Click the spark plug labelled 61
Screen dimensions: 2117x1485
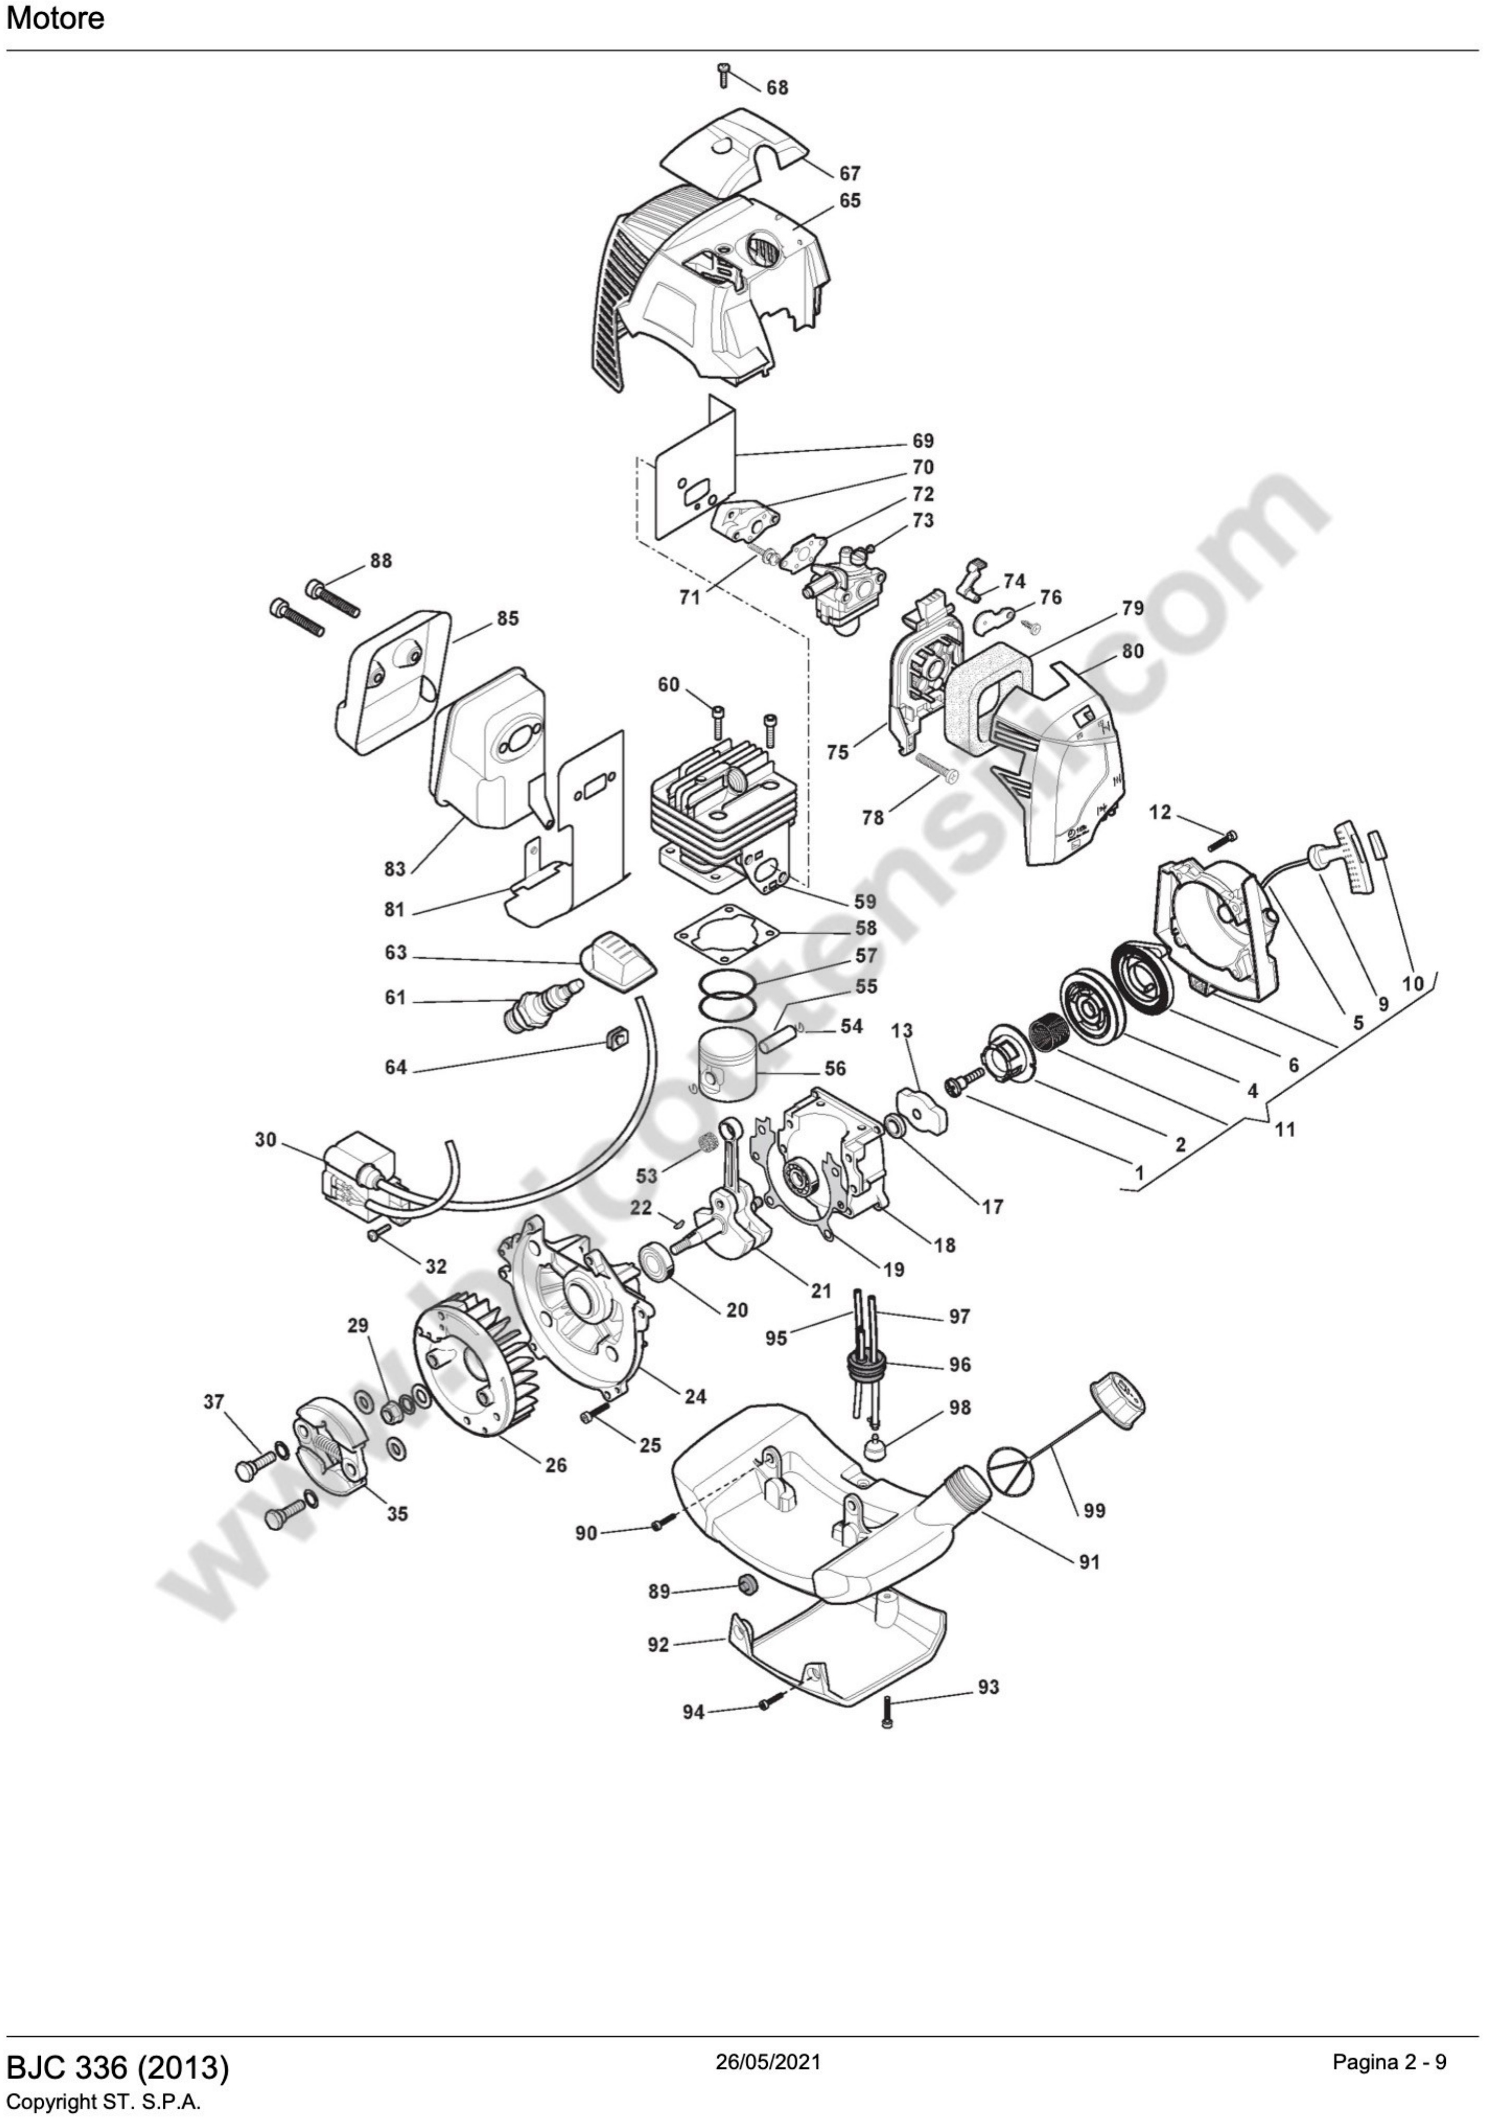[x=540, y=1008]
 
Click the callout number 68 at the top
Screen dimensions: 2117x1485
[x=777, y=88]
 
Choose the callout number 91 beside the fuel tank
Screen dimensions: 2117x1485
[x=1089, y=1562]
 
